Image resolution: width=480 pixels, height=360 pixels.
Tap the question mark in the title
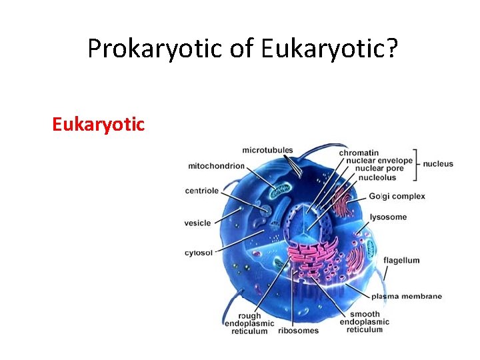point(391,48)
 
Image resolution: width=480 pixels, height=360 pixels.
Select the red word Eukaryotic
point(98,124)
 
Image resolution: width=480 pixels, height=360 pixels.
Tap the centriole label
point(201,191)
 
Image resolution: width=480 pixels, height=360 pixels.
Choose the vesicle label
point(197,223)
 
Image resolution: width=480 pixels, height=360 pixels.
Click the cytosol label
point(199,253)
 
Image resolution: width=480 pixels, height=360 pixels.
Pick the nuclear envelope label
point(375,161)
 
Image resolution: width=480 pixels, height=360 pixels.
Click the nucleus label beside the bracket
point(438,164)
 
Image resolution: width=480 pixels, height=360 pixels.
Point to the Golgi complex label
point(397,196)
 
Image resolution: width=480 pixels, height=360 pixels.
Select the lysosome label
point(388,217)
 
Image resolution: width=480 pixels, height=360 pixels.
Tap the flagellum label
point(401,260)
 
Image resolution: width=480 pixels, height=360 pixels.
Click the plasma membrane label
point(406,296)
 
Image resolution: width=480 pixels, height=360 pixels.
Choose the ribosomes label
point(298,331)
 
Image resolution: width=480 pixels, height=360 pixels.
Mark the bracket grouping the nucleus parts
point(417,165)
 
